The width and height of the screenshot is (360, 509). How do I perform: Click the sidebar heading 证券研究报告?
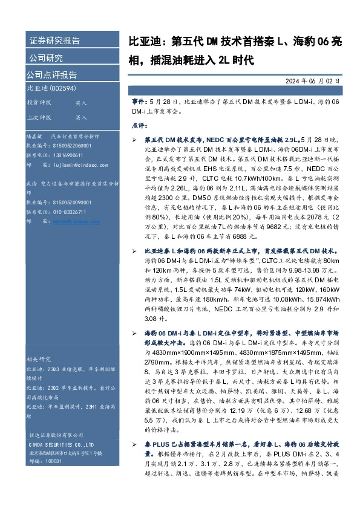tap(54, 41)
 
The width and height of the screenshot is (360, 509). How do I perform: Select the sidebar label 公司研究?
tap(46, 59)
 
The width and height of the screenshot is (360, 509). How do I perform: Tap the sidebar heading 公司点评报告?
tap(51, 76)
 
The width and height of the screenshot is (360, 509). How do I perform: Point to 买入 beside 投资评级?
tap(81, 103)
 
